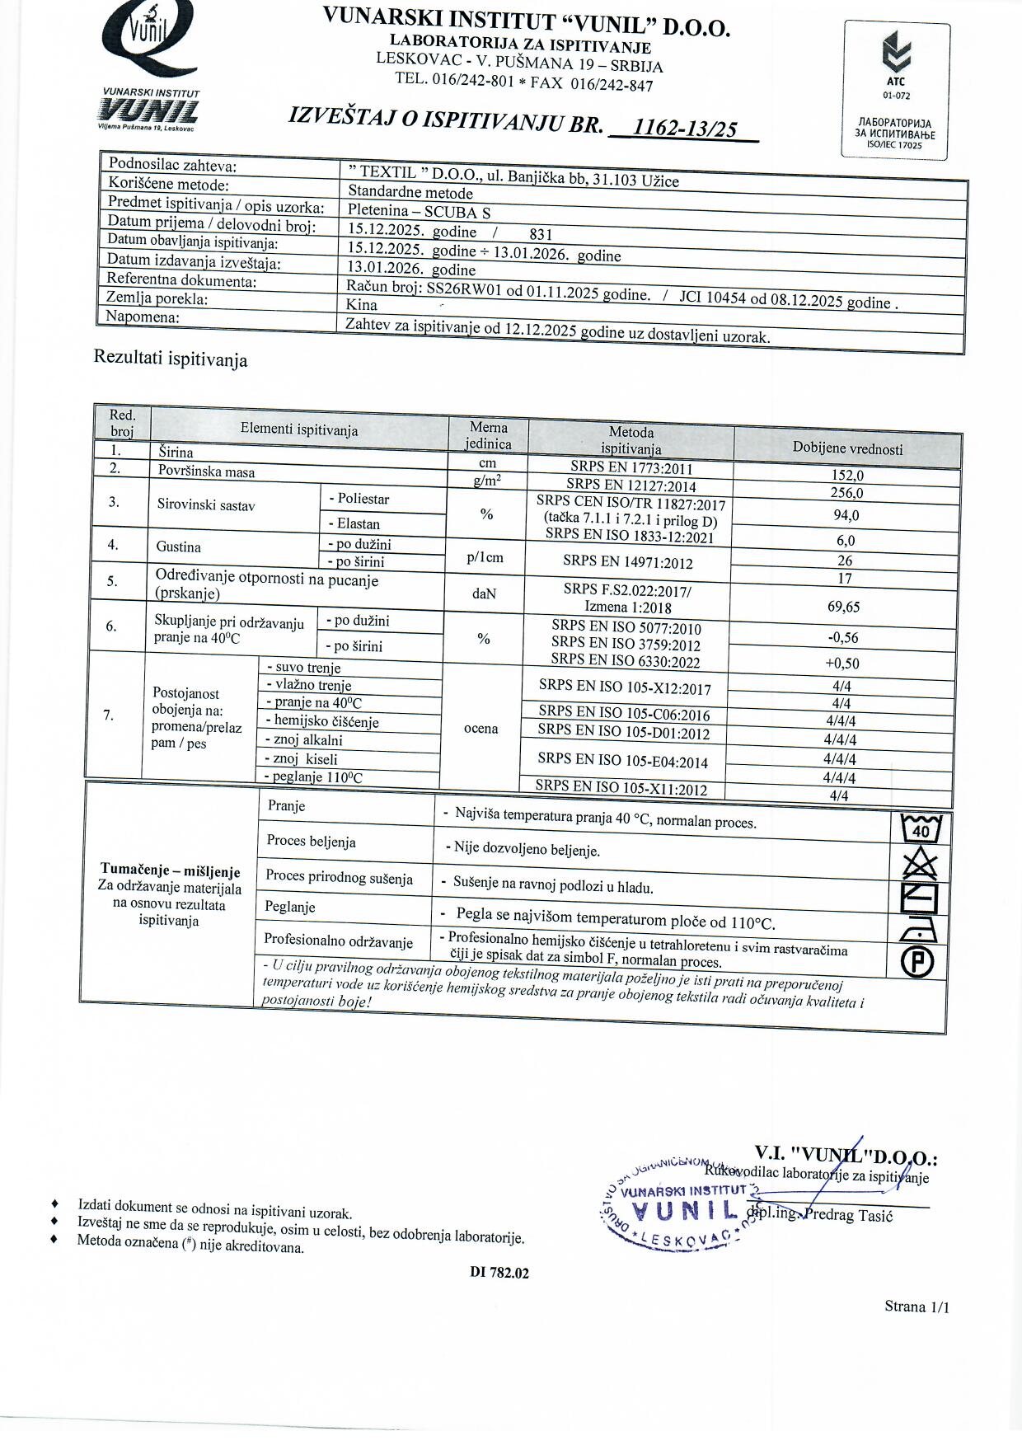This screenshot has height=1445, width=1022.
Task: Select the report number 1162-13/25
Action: click(683, 128)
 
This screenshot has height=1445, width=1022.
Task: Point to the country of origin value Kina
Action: click(362, 304)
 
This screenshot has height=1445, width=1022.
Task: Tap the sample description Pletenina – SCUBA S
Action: click(419, 211)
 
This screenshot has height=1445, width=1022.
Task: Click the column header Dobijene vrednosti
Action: click(847, 448)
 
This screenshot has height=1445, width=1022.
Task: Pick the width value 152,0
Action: click(847, 476)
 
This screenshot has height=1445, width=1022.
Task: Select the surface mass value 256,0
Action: click(847, 493)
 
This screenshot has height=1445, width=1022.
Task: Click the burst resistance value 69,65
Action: click(843, 607)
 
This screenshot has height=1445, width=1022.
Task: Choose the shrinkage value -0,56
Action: click(843, 637)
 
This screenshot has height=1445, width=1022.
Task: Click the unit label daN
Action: click(485, 593)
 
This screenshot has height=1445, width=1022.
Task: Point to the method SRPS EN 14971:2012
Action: click(628, 562)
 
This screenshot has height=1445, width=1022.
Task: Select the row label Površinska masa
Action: click(207, 472)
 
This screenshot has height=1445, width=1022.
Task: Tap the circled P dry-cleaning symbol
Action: click(917, 962)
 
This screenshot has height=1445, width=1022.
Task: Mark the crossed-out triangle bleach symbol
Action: click(920, 865)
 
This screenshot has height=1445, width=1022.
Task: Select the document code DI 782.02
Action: click(499, 1272)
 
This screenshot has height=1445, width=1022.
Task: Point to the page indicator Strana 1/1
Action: click(917, 1307)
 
